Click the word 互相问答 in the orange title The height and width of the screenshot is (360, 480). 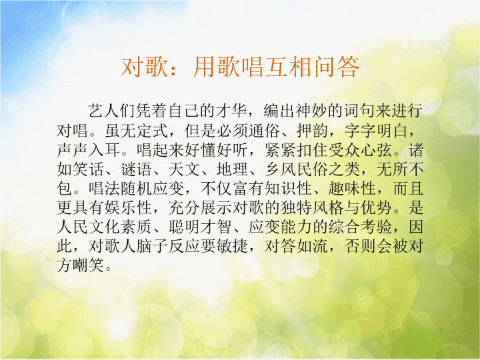312,67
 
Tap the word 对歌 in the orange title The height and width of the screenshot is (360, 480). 145,67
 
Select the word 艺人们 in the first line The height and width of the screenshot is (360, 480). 112,111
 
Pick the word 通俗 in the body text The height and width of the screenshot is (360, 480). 264,131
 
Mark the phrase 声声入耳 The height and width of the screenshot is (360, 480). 88,150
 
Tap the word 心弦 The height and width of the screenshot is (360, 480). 376,150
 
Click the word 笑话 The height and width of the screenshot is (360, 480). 88,169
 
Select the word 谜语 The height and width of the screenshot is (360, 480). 136,169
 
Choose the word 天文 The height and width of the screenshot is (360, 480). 184,169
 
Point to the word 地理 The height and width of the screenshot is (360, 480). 232,169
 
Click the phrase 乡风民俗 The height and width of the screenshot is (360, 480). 296,169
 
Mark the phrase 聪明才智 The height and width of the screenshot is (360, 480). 200,227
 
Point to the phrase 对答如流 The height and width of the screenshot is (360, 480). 296,246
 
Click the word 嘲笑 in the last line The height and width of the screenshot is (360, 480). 88,265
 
